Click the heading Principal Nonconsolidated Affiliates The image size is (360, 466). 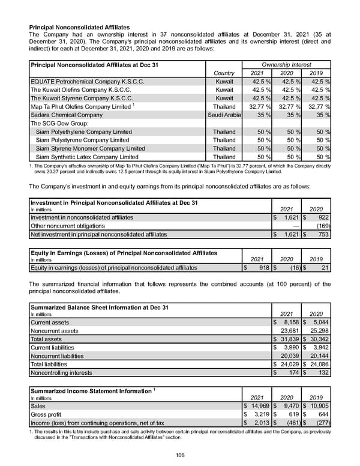pos(80,28)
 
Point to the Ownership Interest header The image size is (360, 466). pos(286,64)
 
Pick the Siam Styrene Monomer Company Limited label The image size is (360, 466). pos(90,148)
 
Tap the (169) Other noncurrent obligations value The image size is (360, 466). pos(322,226)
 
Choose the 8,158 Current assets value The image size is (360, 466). pos(289,322)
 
